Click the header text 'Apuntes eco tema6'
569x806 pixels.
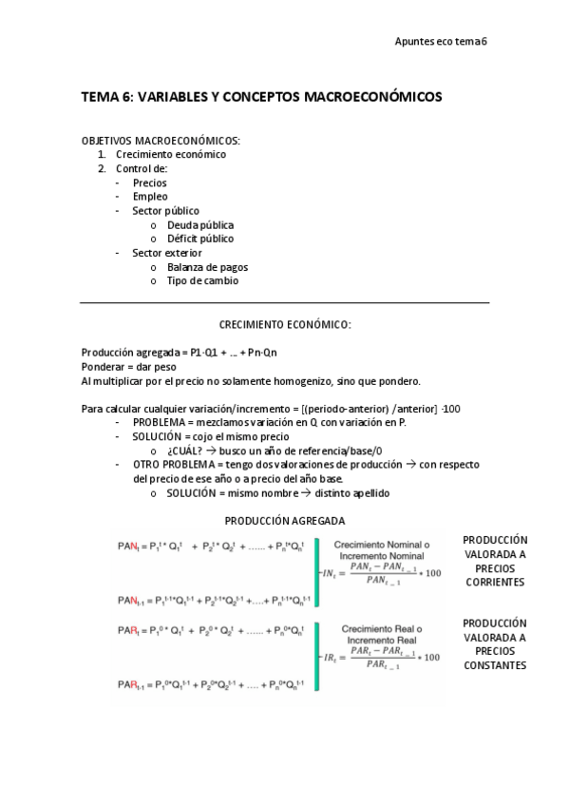tap(440, 42)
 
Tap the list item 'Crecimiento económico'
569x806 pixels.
tap(171, 154)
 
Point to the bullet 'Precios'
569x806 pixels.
tap(150, 182)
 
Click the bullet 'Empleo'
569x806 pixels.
tap(150, 197)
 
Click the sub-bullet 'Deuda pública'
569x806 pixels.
tap(199, 225)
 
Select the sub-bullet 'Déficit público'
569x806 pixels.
tap(199, 239)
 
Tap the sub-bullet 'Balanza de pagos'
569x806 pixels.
tap(207, 267)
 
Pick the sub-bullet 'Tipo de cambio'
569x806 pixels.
tap(202, 281)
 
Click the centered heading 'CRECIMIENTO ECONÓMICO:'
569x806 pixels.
tap(285, 324)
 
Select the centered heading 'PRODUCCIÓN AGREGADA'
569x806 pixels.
tap(285, 521)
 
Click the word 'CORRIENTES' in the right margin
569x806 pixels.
tap(495, 582)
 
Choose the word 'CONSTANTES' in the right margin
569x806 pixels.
tap(495, 665)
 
